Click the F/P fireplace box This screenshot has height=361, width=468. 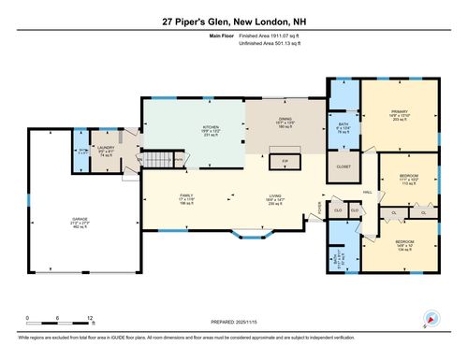(x=285, y=163)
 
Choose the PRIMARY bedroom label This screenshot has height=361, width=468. (x=402, y=115)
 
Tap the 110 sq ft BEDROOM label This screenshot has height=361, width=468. (x=408, y=179)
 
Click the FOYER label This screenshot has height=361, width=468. (x=320, y=205)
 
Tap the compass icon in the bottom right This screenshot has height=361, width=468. (x=431, y=318)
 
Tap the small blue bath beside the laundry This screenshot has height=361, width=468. (x=82, y=152)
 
